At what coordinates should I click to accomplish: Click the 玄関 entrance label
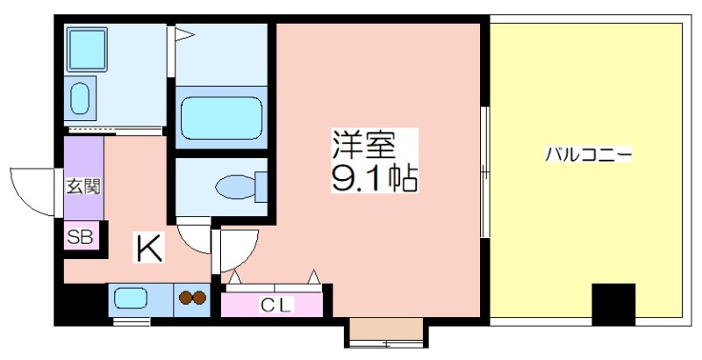coord(83,187)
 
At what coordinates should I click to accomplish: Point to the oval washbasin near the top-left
coord(80,97)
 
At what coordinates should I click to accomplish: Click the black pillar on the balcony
coord(613,304)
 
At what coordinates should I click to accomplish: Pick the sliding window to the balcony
coord(484,171)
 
